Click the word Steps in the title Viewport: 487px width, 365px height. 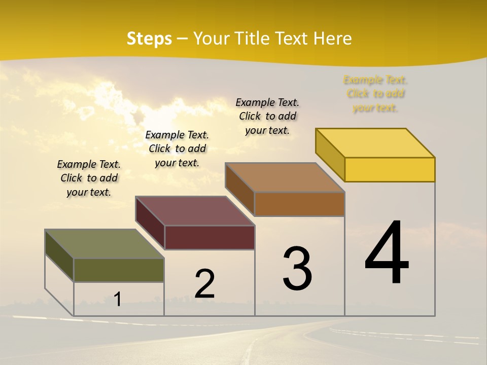click(149, 39)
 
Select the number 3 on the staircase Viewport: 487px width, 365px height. click(297, 269)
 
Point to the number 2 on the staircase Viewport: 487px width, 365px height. click(204, 284)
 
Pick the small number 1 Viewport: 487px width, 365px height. click(118, 299)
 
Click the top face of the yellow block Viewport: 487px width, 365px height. click(375, 143)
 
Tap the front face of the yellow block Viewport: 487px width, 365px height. click(390, 169)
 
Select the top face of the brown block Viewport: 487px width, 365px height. click(285, 177)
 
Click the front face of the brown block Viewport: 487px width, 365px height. click(299, 204)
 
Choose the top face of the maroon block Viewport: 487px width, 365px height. click(195, 211)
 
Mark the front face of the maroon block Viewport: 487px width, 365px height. click(210, 237)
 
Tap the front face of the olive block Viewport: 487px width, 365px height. click(119, 270)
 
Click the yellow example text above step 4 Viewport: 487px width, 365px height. click(375, 94)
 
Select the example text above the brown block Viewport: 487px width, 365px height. click(267, 116)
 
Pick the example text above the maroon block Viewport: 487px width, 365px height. click(177, 149)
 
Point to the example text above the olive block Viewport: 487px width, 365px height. click(89, 178)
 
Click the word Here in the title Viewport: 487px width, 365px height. click(332, 39)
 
